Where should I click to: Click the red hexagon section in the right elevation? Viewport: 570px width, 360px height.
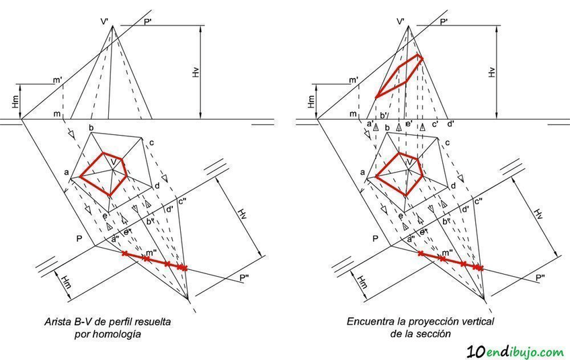click(x=399, y=76)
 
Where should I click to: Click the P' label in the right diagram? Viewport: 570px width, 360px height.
click(x=444, y=22)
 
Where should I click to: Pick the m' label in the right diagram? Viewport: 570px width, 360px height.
click(x=353, y=80)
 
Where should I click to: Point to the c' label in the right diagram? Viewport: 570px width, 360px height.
click(x=436, y=124)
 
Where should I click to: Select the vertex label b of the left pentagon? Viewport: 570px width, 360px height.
click(x=91, y=128)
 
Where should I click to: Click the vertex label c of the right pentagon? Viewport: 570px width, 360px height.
click(x=448, y=142)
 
